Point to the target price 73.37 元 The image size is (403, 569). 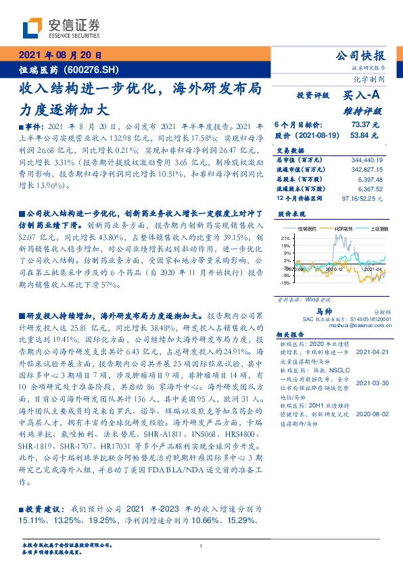(x=364, y=125)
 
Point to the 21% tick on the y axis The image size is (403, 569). (x=285, y=239)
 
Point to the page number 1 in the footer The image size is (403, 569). (x=201, y=547)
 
